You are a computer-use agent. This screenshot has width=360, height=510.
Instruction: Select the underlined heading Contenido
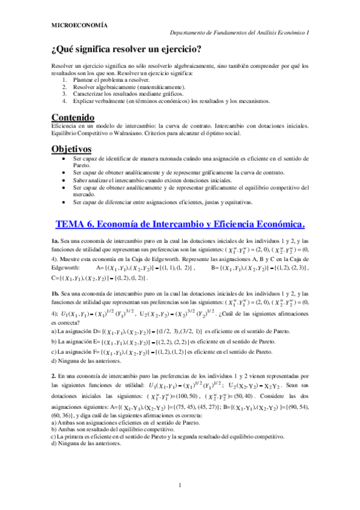point(72,117)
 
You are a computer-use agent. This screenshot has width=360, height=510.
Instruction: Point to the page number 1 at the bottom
point(180,485)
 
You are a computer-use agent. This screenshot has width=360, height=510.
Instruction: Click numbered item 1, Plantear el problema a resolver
point(109,79)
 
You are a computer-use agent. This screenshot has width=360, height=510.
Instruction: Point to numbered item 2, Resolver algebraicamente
point(129,86)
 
